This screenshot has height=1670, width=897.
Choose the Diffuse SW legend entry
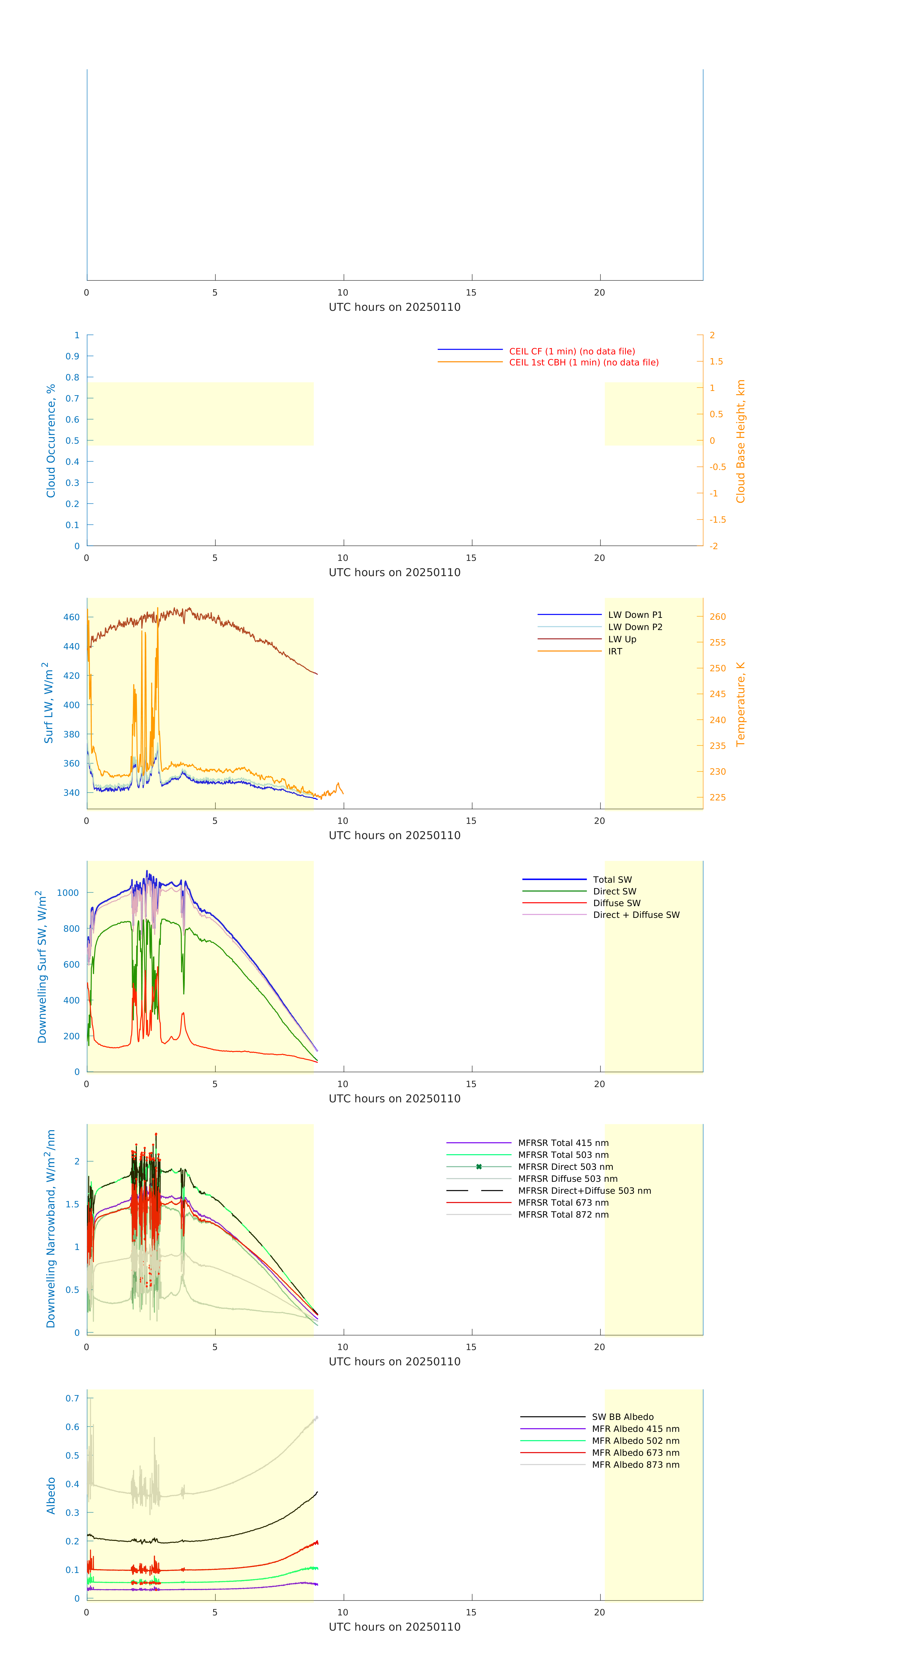[x=616, y=903]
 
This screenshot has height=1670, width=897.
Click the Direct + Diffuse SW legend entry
[x=636, y=915]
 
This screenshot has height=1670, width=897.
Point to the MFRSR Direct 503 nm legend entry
[x=565, y=1167]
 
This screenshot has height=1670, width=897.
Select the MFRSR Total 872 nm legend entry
[x=563, y=1215]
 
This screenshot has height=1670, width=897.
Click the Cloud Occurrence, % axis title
[x=51, y=441]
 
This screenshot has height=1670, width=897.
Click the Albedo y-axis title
[x=51, y=1496]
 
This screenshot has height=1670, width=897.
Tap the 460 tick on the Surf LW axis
[x=71, y=617]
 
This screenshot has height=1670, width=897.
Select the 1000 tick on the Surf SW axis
[x=68, y=893]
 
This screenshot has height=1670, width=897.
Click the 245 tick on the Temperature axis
[x=717, y=694]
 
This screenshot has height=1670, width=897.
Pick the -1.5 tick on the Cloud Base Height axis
[x=717, y=520]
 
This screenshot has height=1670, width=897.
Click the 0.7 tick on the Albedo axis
[x=72, y=1398]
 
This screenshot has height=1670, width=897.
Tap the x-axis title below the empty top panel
[x=394, y=307]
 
